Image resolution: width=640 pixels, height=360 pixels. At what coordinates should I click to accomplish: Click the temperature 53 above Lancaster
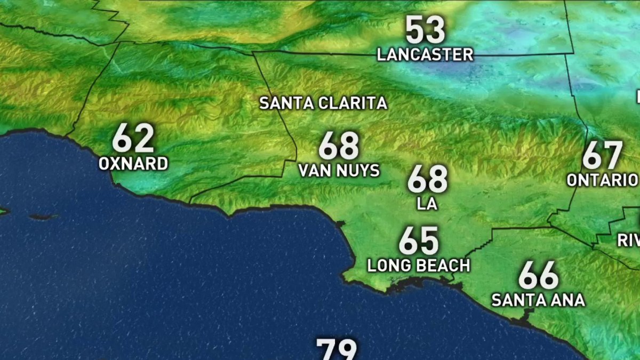click(x=425, y=31)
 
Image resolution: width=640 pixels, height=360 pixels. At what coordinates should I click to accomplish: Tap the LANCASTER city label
click(x=425, y=54)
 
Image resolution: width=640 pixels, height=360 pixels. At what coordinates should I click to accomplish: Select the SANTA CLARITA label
click(x=323, y=103)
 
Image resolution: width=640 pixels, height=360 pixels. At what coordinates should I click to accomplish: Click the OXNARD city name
click(x=133, y=164)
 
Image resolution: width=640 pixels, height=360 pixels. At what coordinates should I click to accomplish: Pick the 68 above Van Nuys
click(x=339, y=147)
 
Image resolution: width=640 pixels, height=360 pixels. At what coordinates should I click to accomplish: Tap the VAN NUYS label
click(x=339, y=171)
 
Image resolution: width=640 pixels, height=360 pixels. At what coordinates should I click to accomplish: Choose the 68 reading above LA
click(x=427, y=180)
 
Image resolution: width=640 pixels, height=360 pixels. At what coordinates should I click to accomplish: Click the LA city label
click(x=427, y=204)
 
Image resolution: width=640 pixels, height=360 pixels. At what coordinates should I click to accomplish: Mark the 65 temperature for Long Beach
click(x=419, y=241)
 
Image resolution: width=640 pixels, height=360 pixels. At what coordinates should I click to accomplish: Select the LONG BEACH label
click(x=419, y=265)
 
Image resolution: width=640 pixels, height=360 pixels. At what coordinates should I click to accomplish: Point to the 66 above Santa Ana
click(x=538, y=276)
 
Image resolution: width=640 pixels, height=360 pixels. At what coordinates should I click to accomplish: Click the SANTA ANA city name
click(x=538, y=300)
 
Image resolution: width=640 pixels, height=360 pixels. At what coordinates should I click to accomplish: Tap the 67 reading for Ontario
click(x=603, y=156)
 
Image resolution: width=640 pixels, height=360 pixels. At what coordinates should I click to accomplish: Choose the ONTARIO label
click(x=603, y=180)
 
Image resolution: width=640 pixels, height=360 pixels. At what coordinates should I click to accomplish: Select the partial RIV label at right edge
click(x=629, y=241)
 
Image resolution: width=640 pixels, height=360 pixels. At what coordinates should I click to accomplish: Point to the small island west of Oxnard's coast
click(x=43, y=217)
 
